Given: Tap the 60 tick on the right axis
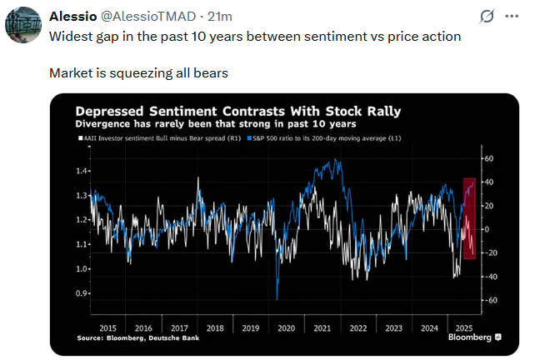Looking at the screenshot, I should [x=489, y=158].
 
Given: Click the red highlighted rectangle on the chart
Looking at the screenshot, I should [x=469, y=218].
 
